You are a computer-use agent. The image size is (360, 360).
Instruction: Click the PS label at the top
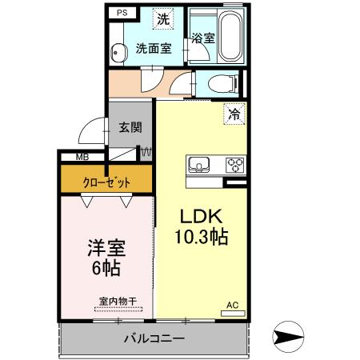click(x=122, y=14)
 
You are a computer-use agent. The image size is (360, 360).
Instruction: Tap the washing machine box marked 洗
click(x=162, y=18)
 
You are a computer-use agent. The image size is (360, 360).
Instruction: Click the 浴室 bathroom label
click(x=203, y=38)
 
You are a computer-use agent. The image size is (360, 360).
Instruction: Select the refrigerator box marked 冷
click(x=235, y=114)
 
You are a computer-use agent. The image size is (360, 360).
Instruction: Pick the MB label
click(x=82, y=158)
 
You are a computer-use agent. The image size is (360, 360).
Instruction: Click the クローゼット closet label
click(x=106, y=182)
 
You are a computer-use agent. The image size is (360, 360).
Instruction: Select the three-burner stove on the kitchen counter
click(x=236, y=166)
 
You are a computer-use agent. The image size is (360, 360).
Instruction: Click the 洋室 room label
click(x=106, y=248)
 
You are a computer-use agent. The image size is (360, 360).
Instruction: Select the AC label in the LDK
click(x=232, y=305)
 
